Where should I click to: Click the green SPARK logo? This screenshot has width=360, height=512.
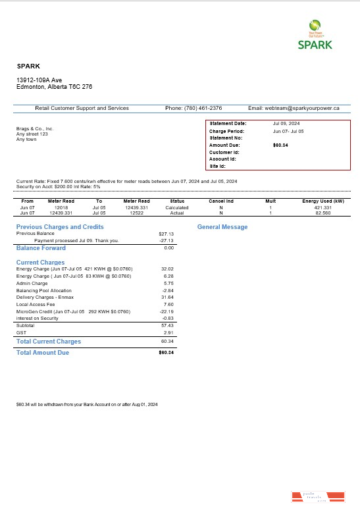[315, 36]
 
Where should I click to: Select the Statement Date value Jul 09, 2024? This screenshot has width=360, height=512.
[286, 124]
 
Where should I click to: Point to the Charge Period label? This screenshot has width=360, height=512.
[226, 131]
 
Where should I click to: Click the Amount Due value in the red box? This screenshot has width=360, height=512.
[280, 145]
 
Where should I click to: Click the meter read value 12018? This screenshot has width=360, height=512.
[61, 207]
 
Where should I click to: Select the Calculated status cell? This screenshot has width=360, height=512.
[177, 207]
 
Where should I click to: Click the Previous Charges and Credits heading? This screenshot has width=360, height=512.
[60, 227]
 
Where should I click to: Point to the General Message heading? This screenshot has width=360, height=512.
[222, 227]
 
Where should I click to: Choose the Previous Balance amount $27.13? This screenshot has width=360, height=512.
[166, 234]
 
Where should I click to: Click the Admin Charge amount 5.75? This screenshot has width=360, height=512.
[167, 284]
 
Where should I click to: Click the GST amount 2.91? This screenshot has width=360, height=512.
[167, 334]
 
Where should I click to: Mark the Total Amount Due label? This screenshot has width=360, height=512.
[42, 353]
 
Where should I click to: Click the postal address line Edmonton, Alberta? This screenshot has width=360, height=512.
[54, 87]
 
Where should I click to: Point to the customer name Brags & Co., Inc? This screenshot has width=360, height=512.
[35, 129]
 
